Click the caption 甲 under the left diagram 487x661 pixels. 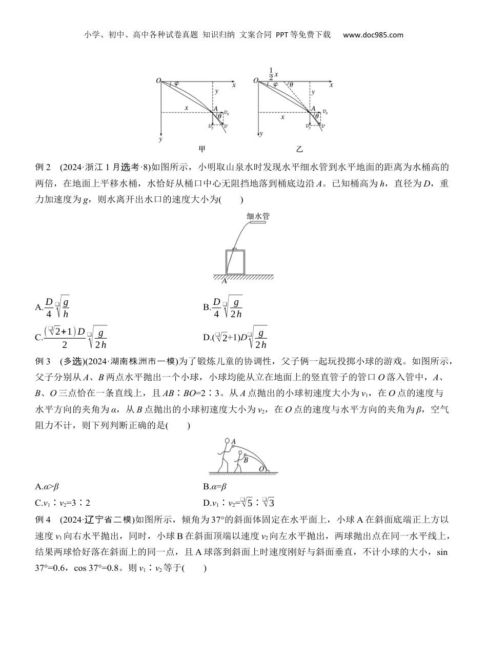coord(202,150)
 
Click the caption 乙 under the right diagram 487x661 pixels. coord(299,150)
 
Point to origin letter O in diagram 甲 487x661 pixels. coord(159,81)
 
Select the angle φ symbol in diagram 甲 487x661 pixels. coord(176,84)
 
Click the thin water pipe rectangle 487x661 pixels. coord(259,223)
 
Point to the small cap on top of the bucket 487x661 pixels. coord(235,249)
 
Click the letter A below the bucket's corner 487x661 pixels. coord(224,281)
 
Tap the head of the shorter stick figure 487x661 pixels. coord(240,453)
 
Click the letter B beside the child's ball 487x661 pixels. coord(246,460)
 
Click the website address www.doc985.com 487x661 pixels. coord(373,35)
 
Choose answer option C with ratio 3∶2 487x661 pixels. coord(58,503)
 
